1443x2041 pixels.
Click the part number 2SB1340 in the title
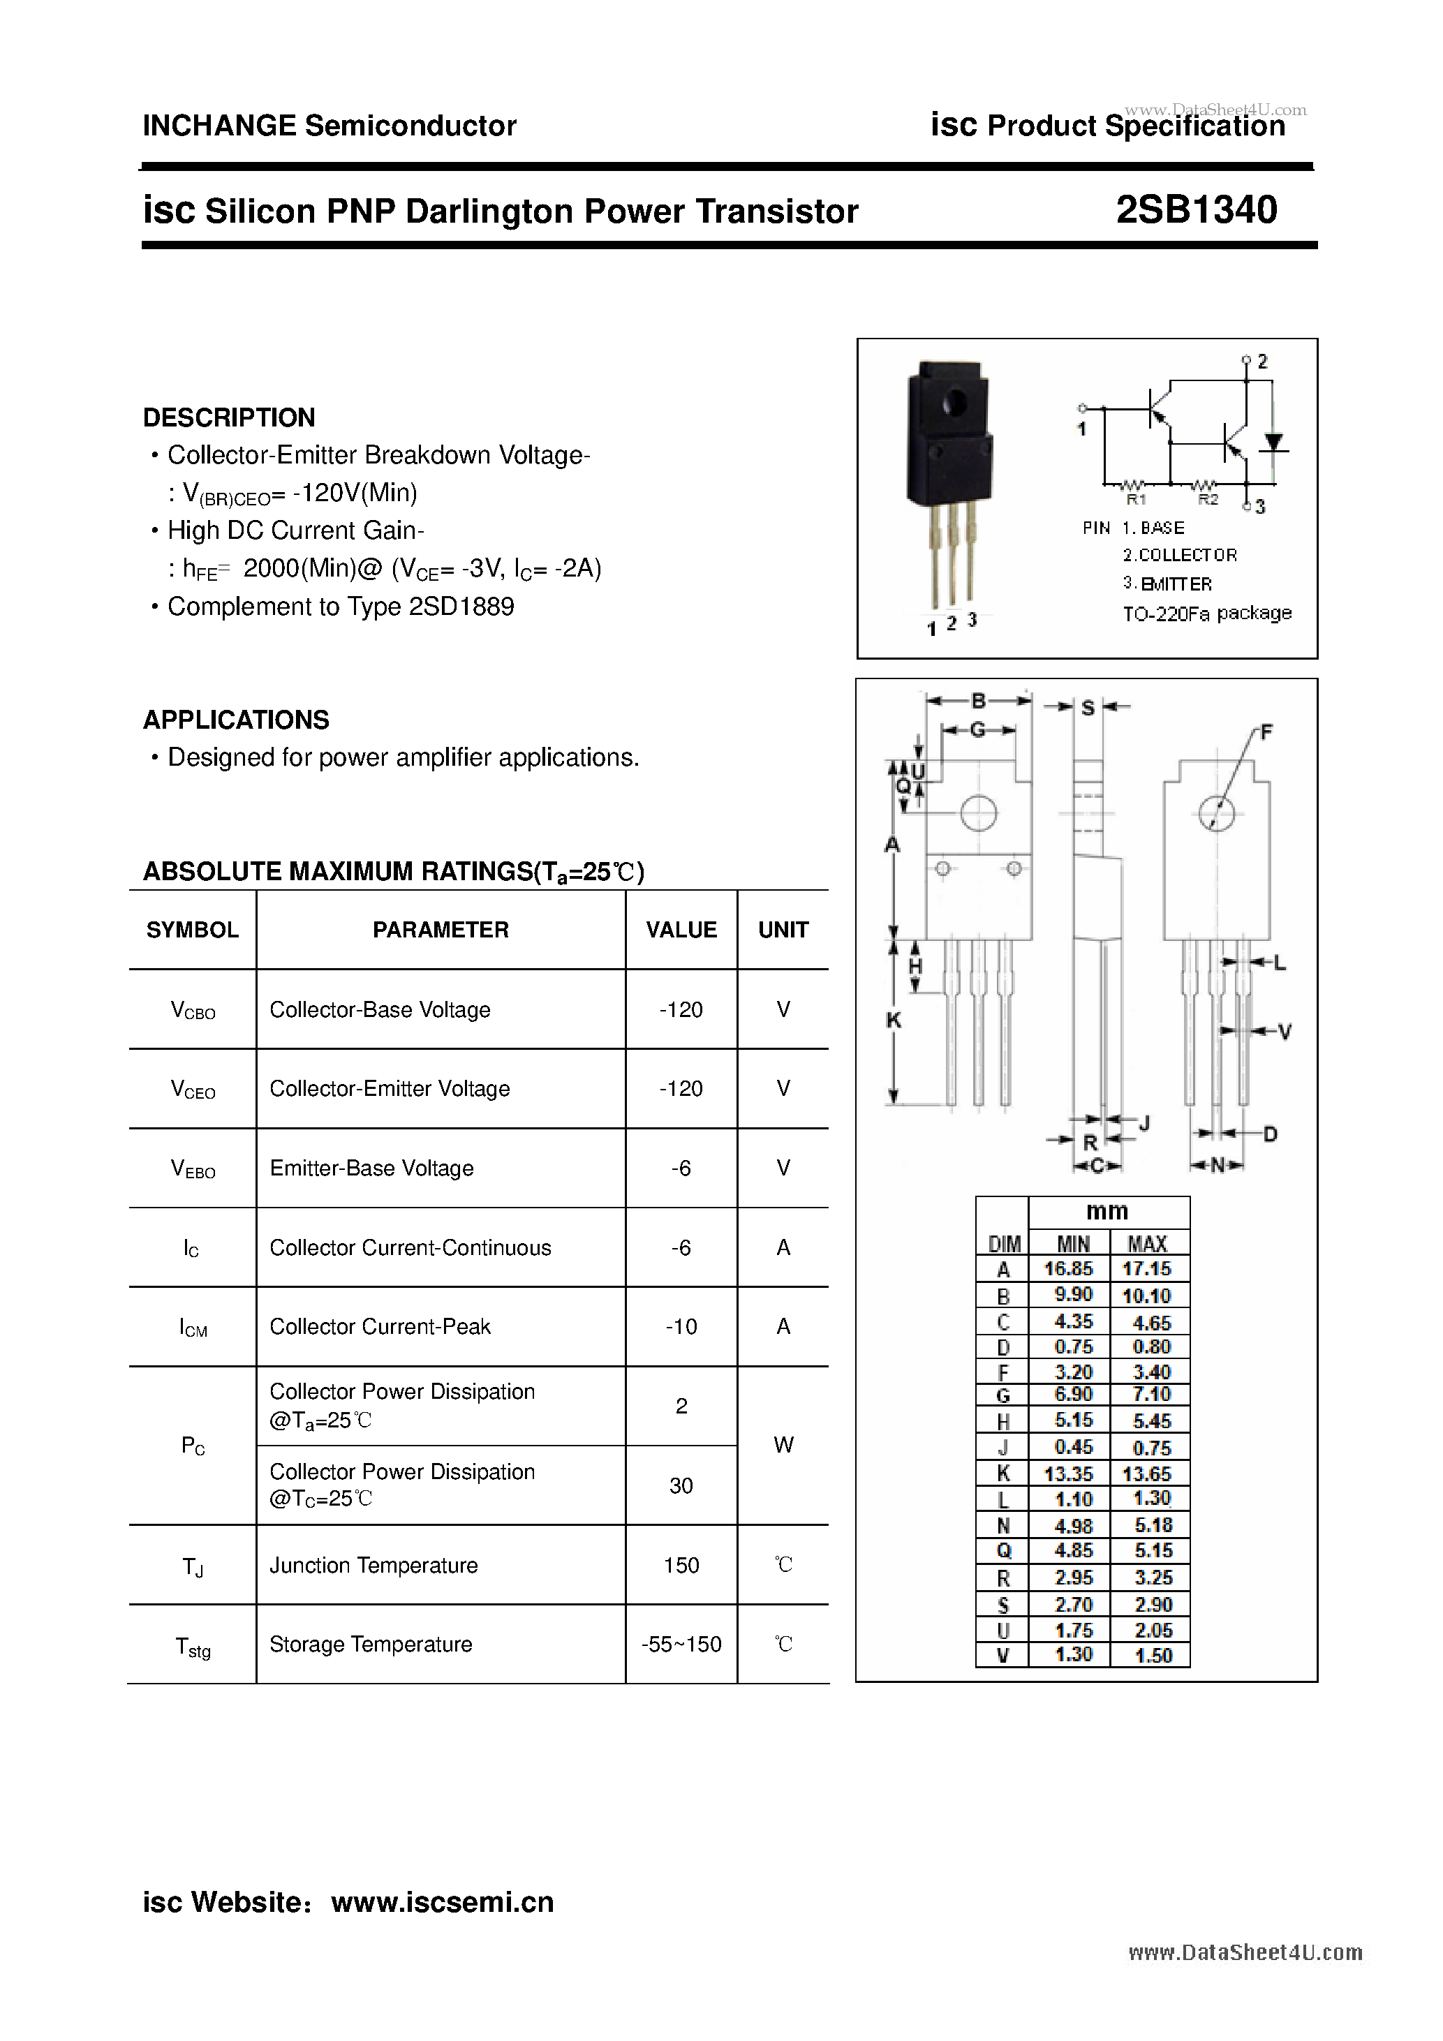1196,210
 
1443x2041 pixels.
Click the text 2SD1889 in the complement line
461,607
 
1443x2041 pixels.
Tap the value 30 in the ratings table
681,1485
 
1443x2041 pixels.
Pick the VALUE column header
681,930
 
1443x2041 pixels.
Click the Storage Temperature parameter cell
371,1645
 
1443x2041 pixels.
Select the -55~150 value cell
681,1645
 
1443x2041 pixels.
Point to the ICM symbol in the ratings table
193,1328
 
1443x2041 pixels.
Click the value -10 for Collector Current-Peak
681,1326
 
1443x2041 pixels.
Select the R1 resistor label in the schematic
1137,500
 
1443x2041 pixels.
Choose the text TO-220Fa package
1206,614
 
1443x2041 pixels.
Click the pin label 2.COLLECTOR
1179,555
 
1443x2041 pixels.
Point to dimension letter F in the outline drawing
1266,732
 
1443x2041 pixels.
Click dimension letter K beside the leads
894,1020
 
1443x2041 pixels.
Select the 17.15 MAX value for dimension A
1147,1268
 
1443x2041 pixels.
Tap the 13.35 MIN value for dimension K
1068,1473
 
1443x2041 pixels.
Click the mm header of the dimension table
1107,1211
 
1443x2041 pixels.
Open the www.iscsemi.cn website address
442,1901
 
